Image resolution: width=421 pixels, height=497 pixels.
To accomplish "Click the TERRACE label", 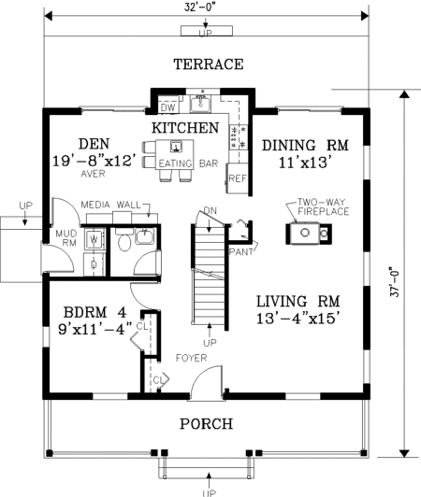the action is point(209,64).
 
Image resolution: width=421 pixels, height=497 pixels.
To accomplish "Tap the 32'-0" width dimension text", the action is point(202,7).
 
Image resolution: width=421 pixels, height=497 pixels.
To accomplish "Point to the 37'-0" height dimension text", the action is point(394,284).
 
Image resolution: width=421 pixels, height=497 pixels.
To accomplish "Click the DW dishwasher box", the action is point(168,107).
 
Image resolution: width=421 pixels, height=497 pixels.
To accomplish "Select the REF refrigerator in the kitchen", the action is point(238,178).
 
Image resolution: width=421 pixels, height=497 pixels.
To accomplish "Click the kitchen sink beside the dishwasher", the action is point(200,105).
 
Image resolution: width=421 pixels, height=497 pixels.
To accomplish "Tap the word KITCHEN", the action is point(185,128).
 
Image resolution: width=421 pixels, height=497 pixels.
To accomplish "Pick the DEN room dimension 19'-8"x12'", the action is point(96,161).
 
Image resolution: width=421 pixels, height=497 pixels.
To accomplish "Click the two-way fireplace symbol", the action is point(309,234).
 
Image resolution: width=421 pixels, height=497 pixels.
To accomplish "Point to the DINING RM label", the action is point(305,145).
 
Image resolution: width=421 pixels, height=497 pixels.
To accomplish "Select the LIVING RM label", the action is point(298,301).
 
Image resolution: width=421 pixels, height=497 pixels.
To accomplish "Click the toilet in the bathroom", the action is point(124,241).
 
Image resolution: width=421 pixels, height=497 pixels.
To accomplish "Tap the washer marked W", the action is point(94,239).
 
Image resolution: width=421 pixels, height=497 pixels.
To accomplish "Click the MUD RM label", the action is point(66,238).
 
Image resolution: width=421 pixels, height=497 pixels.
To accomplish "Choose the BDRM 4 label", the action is point(94,313).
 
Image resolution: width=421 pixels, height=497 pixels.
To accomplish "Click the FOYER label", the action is point(192,358).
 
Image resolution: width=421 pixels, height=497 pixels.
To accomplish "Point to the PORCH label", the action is point(207,424).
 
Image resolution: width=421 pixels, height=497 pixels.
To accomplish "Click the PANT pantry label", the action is point(241,251).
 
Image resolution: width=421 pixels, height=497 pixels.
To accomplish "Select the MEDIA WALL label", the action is point(110,205).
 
